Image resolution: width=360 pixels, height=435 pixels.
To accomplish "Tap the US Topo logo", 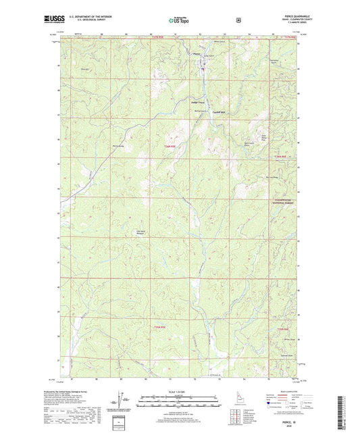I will click(180, 21).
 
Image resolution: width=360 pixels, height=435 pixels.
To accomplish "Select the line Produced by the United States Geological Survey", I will click(82, 390).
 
